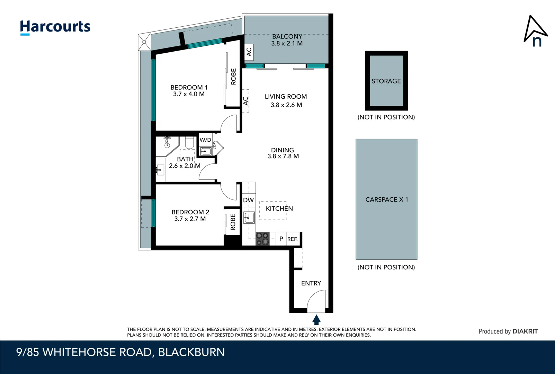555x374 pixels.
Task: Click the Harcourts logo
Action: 55,28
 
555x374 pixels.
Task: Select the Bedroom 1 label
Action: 189,87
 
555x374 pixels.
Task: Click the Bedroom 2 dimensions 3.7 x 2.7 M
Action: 190,219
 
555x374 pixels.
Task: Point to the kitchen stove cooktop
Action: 262,239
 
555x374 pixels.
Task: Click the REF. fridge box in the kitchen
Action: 293,239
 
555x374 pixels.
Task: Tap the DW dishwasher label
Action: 248,200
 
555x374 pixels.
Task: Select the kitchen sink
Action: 249,218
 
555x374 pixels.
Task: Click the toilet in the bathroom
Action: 189,143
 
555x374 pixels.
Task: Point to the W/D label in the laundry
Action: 205,140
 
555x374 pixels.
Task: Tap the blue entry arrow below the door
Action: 316,320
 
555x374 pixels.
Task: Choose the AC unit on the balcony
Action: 249,52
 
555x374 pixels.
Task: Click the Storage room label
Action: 386,81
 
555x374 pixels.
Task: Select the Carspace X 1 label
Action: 387,199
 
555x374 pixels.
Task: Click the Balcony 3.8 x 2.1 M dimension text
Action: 287,43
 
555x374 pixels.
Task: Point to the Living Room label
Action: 286,96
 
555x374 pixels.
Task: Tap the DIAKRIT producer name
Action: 525,331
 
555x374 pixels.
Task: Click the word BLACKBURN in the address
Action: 191,352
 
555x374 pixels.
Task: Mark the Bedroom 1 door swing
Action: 229,123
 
